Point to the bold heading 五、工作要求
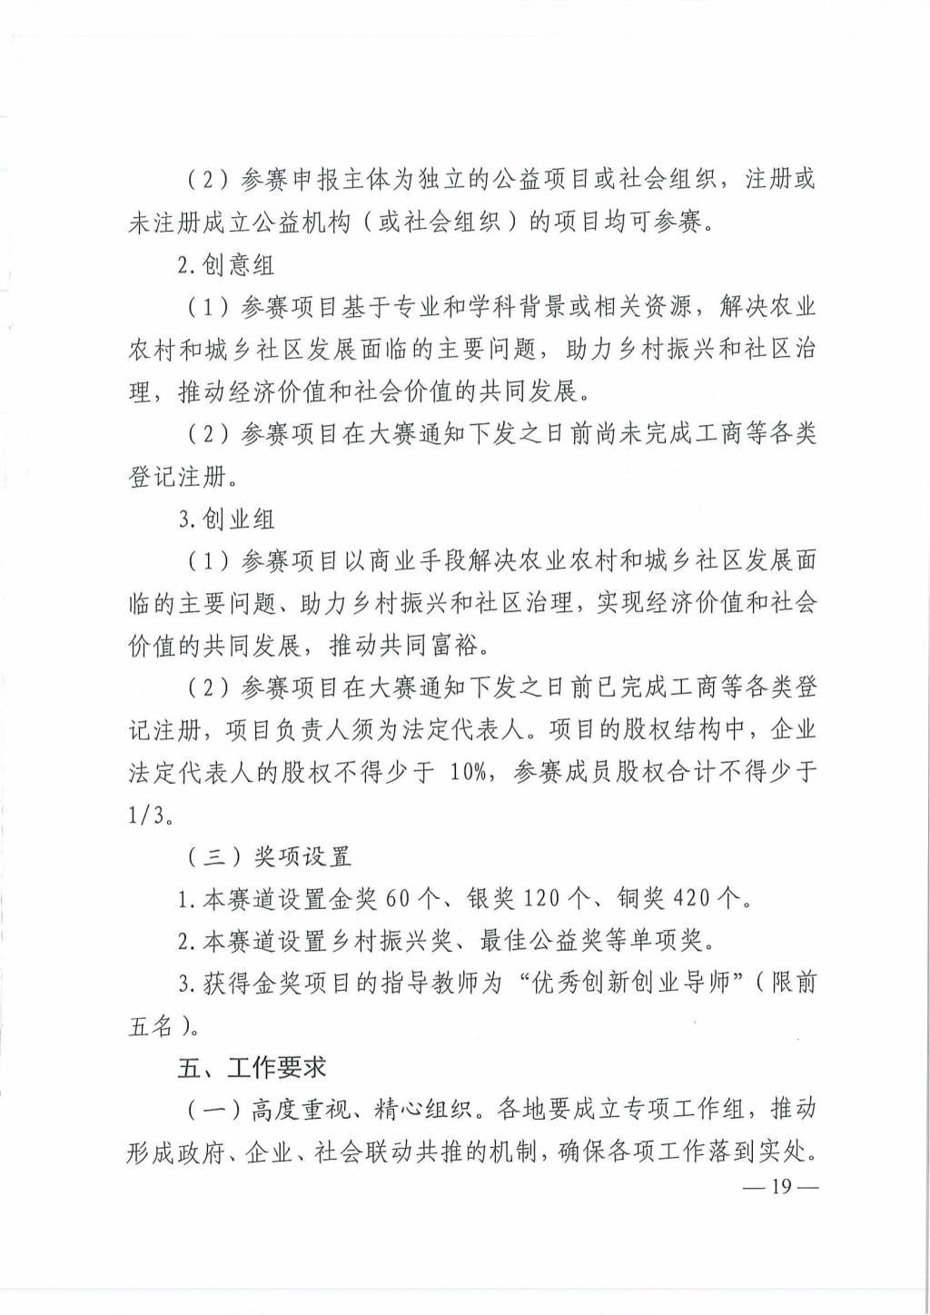(252, 1069)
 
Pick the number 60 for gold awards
(400, 899)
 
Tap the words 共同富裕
(439, 646)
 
